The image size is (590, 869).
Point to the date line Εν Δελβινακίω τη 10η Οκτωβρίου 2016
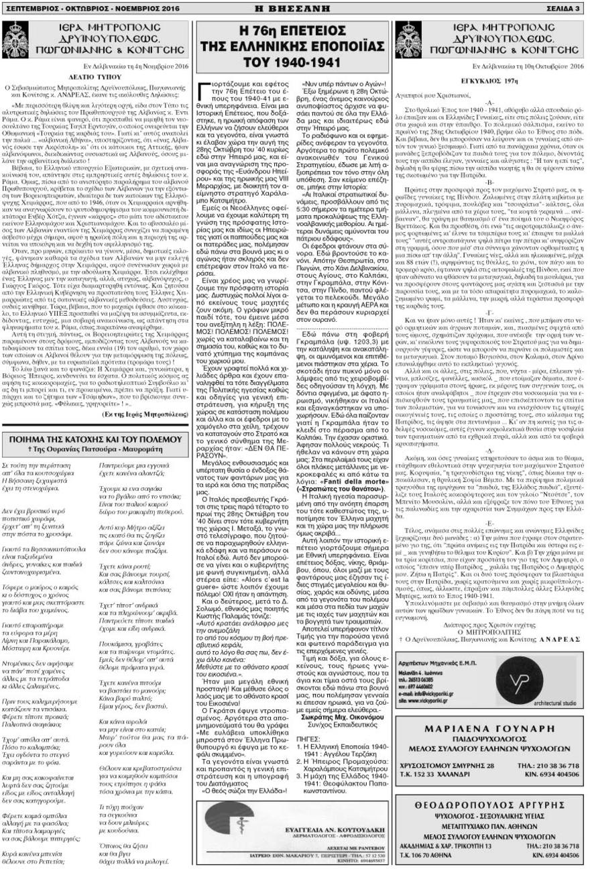(530, 67)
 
